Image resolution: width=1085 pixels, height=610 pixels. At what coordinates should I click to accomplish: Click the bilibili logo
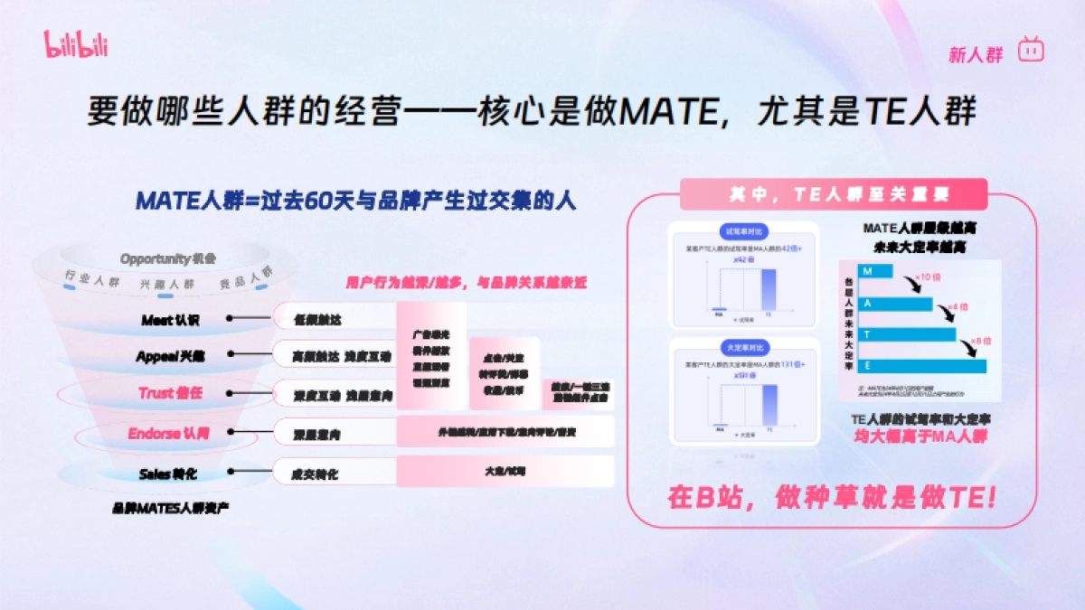pos(75,42)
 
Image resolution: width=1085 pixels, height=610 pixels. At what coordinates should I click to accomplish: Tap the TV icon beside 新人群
pos(1031,50)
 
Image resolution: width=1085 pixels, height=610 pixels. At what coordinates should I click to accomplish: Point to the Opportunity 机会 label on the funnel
pos(168,259)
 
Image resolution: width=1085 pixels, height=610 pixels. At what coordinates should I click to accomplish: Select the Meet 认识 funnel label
pos(170,320)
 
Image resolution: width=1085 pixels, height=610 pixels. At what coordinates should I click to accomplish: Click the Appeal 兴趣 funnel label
pos(170,356)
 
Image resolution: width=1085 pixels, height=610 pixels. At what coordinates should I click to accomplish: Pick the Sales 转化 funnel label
pos(168,474)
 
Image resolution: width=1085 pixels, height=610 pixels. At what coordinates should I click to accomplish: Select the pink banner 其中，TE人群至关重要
pos(833,193)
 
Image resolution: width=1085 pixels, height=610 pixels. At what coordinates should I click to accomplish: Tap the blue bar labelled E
pos(912,365)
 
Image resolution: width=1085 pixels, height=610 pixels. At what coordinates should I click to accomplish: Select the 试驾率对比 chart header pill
pos(742,230)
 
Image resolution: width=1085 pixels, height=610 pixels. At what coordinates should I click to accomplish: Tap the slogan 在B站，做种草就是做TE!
pos(832,497)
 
